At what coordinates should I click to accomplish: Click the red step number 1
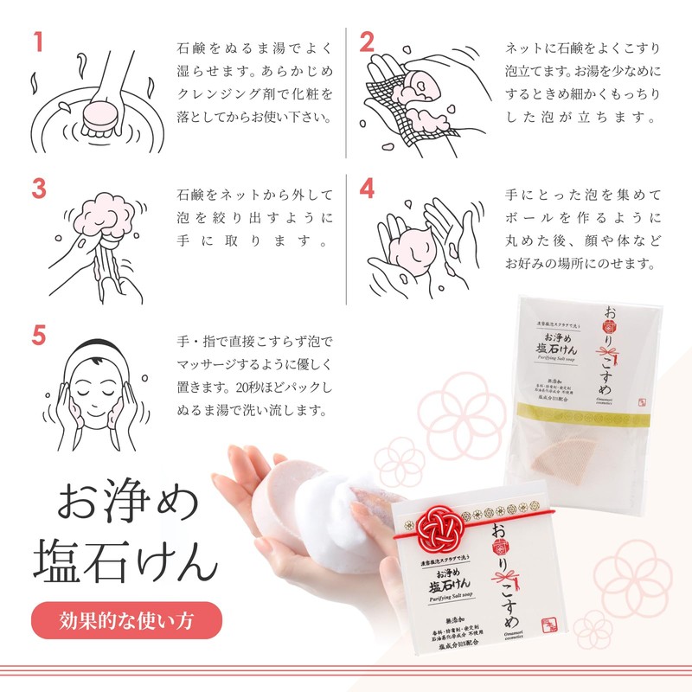(38, 42)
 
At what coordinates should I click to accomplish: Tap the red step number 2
(368, 42)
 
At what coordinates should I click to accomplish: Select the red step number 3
(39, 189)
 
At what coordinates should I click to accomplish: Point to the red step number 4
(368, 189)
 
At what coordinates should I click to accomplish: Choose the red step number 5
(39, 336)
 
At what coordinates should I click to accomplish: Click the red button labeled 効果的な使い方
(126, 620)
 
